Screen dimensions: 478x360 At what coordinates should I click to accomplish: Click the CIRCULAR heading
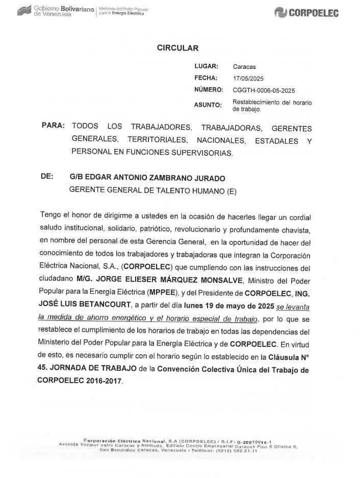coord(177,48)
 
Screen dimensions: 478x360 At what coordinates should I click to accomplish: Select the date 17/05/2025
coord(248,78)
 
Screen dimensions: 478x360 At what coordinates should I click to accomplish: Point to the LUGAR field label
coord(207,66)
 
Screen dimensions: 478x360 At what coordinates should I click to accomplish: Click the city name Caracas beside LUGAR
coord(244,67)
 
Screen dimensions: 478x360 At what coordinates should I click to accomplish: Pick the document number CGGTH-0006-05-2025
coord(264,90)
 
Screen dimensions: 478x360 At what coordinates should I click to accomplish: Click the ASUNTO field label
coord(208,106)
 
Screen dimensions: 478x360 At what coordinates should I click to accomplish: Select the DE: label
coord(47,177)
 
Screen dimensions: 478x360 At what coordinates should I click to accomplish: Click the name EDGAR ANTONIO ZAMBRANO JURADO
coord(147,178)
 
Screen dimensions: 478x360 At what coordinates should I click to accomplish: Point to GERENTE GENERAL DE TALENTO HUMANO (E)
coord(152,190)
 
